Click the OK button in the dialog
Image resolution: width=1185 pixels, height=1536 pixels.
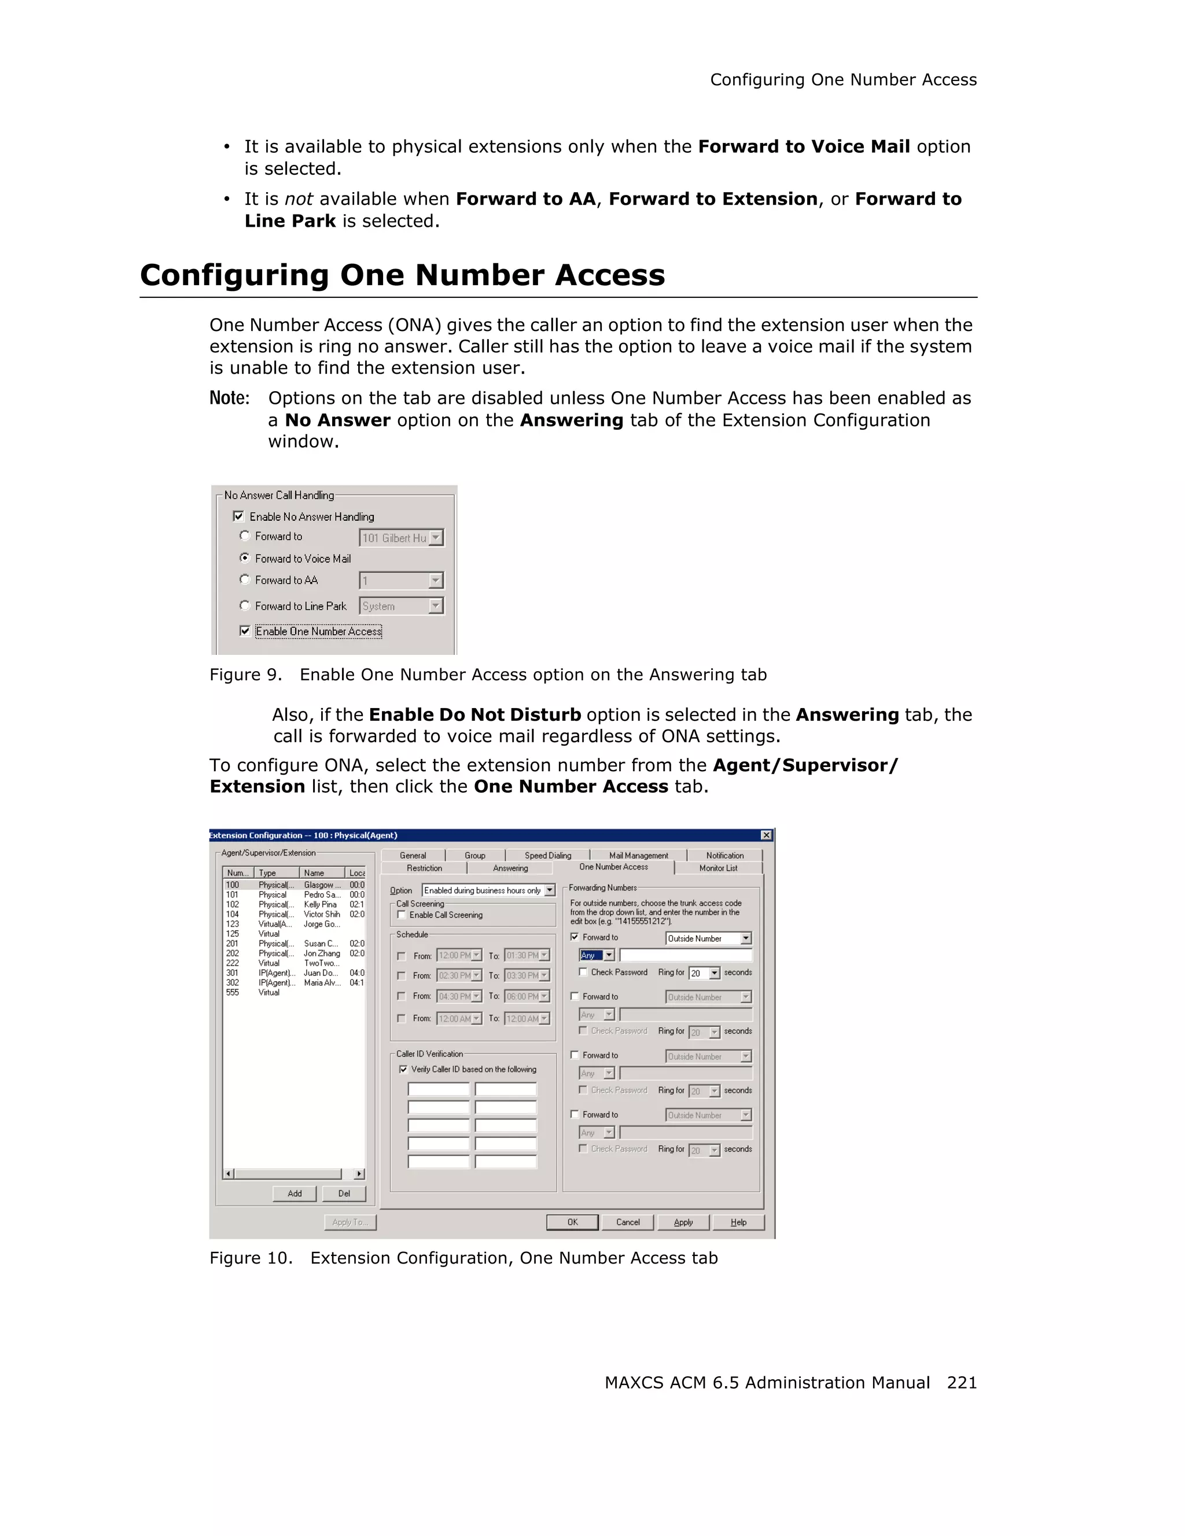click(572, 1222)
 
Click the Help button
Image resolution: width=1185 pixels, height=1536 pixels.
click(738, 1222)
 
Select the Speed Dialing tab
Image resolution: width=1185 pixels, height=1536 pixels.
click(547, 855)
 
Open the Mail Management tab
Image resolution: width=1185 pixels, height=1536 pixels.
click(638, 855)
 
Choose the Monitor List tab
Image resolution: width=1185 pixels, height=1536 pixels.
click(717, 868)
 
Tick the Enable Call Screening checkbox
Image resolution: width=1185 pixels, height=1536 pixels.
click(402, 915)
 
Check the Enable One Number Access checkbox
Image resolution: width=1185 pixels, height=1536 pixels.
click(245, 631)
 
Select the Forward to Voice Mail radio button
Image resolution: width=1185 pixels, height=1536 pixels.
click(245, 558)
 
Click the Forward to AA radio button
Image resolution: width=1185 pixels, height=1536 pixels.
click(245, 580)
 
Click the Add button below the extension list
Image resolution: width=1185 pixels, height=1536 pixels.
click(295, 1193)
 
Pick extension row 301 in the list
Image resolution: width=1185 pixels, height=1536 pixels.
click(233, 973)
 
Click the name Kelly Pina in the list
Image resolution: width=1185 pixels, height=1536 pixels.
click(320, 904)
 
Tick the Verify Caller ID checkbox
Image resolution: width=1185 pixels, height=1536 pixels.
click(403, 1069)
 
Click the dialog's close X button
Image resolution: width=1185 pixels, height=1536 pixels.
click(766, 835)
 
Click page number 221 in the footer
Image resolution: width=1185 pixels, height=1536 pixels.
click(961, 1382)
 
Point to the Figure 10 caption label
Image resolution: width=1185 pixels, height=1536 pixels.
click(251, 1258)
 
